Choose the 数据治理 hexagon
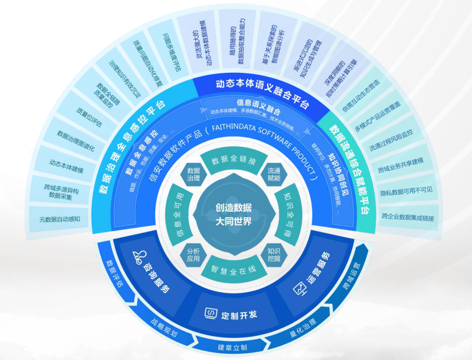[x=193, y=174]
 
